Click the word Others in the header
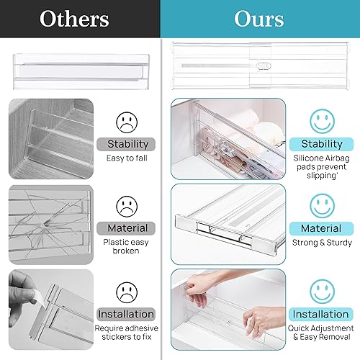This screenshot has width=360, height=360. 75,19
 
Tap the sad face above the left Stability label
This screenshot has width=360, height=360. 127,120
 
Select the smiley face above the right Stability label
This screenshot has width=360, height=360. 322,120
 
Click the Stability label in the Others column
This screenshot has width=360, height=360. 127,144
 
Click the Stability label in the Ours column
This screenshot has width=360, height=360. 322,144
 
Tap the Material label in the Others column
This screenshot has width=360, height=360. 127,228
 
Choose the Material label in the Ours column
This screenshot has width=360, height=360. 322,229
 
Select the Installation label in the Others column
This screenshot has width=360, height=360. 127,314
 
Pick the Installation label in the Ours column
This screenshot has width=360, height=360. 322,314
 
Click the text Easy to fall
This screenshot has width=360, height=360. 127,158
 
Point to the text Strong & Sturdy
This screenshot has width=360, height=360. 322,243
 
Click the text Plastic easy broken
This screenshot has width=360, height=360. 127,248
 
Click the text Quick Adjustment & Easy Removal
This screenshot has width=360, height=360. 322,333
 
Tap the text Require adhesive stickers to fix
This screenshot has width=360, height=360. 127,333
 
